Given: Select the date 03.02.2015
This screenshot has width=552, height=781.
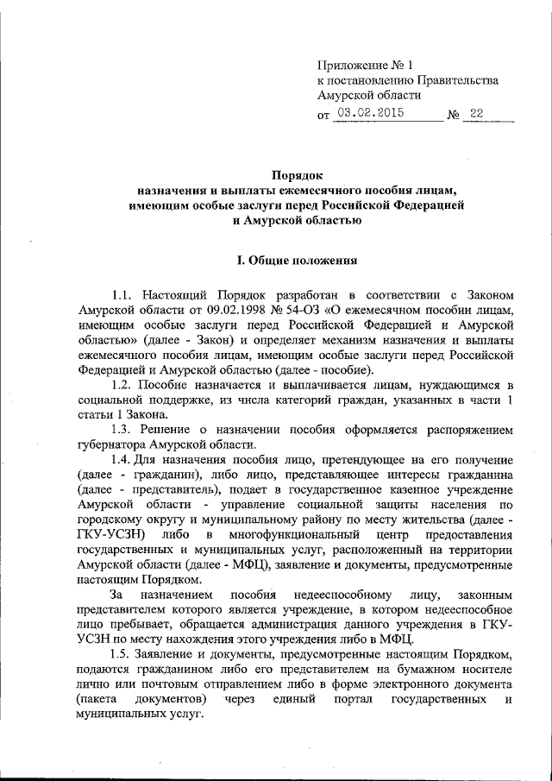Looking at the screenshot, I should point(372,113).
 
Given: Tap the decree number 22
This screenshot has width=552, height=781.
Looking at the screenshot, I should point(477,113).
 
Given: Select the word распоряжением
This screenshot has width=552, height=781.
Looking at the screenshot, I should point(468,429).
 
